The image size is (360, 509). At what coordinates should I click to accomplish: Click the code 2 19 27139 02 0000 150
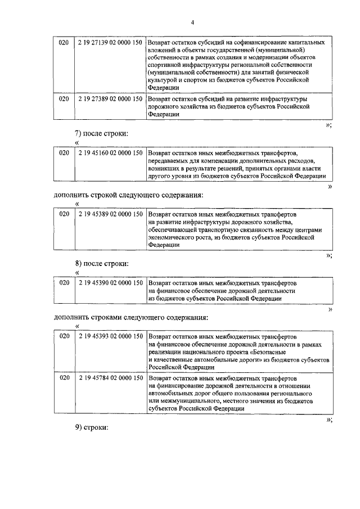pos(110,43)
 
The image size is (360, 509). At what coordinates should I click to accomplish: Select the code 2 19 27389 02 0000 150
pos(110,98)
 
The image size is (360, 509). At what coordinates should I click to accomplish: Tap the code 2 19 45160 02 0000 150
pos(110,152)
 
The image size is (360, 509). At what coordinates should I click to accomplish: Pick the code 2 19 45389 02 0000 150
pos(110,214)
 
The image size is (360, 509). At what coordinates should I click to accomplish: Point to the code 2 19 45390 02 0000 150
pos(110,282)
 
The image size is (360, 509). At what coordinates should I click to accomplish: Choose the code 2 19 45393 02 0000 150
pos(110,336)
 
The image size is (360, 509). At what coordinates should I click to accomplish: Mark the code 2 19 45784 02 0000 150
pos(110,379)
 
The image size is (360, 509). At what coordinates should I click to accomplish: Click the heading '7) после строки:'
pos(102,134)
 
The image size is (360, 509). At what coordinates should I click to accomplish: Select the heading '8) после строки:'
pos(102,263)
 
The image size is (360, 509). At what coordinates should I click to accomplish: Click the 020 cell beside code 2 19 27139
pos(64,43)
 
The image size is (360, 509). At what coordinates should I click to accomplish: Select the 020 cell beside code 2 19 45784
pos(64,379)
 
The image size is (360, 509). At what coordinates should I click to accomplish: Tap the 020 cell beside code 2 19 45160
pos(64,152)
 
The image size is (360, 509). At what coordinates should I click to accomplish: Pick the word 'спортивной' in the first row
pos(166,65)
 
